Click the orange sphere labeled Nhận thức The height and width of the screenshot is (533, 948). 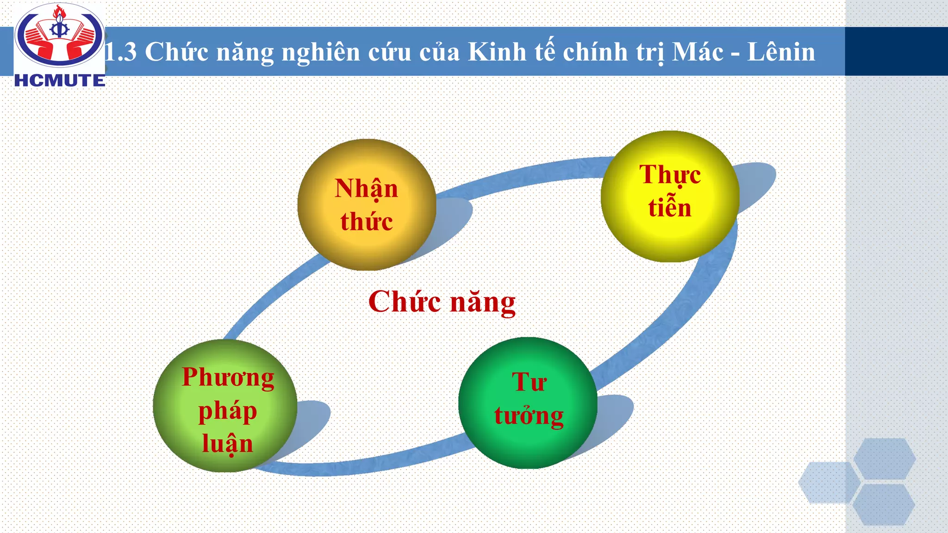pos(366,205)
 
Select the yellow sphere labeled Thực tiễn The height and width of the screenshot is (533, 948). pos(669,197)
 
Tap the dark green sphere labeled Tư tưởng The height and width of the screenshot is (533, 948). pos(528,403)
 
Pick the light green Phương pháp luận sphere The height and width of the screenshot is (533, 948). pos(225,406)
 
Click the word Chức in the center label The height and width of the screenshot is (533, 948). pos(404,302)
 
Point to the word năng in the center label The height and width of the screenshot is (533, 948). pos(483,303)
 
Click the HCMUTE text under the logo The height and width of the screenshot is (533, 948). pos(60,81)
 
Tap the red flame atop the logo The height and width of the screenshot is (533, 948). pos(58,12)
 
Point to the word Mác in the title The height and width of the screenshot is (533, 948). pos(698,52)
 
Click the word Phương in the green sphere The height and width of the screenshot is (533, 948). pos(228,378)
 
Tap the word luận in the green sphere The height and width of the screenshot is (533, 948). pos(227,444)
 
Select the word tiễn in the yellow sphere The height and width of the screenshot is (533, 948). pos(669,208)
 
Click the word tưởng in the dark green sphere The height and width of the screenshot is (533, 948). pos(529,415)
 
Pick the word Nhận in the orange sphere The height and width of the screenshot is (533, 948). pos(366,189)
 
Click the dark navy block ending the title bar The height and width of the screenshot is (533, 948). pos(896,51)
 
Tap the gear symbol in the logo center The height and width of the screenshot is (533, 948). pos(59,31)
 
